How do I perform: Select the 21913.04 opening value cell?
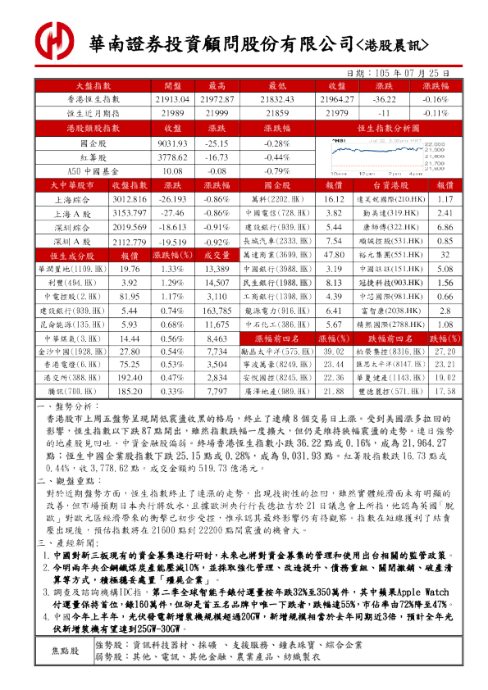click(172, 98)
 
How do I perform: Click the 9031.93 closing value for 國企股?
click(172, 143)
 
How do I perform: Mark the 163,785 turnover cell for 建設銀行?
click(217, 311)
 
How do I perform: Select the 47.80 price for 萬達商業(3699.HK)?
click(334, 255)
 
